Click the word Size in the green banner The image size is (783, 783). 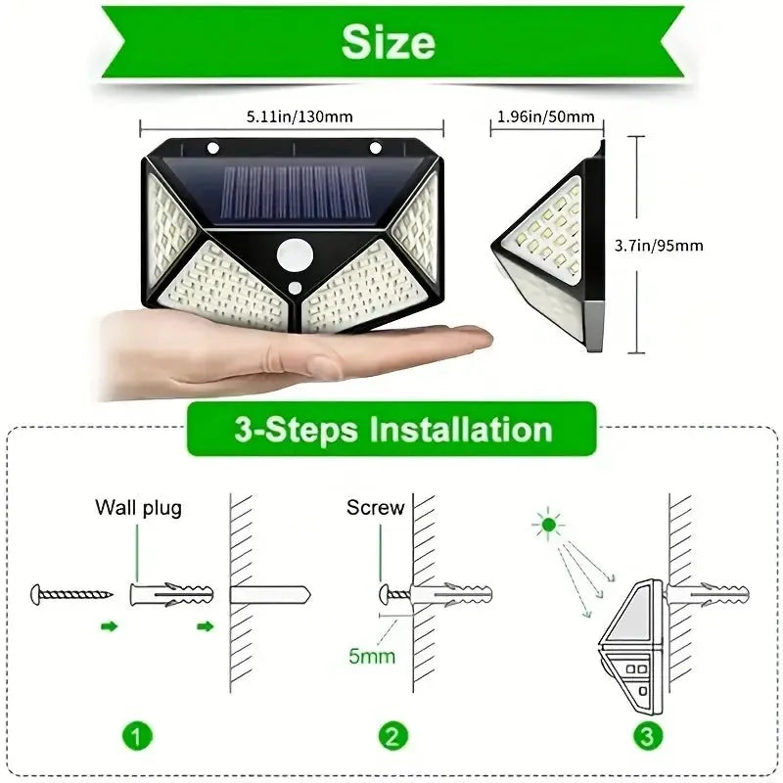click(x=390, y=43)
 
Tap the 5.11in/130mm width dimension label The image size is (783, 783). click(x=293, y=116)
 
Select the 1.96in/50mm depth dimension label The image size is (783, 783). click(x=546, y=116)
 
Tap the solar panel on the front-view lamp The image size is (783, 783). click(x=294, y=189)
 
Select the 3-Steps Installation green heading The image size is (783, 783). click(x=391, y=430)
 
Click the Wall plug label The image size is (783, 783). click(x=138, y=508)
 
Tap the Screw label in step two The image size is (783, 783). click(x=375, y=508)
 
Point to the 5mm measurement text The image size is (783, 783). click(x=372, y=656)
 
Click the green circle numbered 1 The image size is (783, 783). click(x=138, y=735)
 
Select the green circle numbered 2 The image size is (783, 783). click(x=391, y=735)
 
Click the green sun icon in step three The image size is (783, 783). click(x=548, y=526)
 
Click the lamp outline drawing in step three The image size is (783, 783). click(x=631, y=646)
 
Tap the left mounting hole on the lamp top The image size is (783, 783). click(x=212, y=149)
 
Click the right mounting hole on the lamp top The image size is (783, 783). click(x=374, y=149)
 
